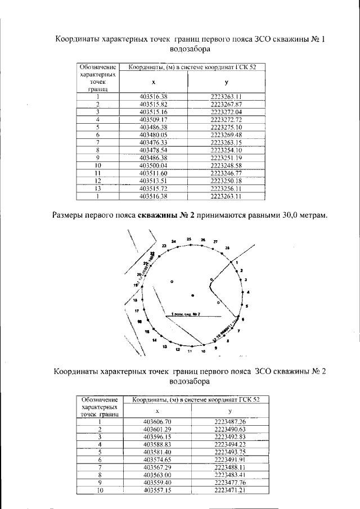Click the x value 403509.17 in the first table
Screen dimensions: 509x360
pos(154,120)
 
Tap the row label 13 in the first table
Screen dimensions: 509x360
pos(97,189)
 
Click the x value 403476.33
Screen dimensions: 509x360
pos(154,143)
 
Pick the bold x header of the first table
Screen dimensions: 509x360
pos(154,82)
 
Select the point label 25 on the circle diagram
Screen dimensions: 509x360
pos(189,239)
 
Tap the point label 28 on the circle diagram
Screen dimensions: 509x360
pos(227,248)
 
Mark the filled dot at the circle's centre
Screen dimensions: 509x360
pos(192,294)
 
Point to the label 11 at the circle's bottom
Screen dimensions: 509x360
pos(190,352)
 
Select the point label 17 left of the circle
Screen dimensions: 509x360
pos(137,310)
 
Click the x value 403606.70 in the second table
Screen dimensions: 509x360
pos(157,421)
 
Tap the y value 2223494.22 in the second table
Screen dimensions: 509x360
pos(230,444)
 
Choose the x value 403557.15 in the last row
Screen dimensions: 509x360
pos(157,490)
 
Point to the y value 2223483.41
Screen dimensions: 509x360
pos(230,475)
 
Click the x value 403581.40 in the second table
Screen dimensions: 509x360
pos(157,452)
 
